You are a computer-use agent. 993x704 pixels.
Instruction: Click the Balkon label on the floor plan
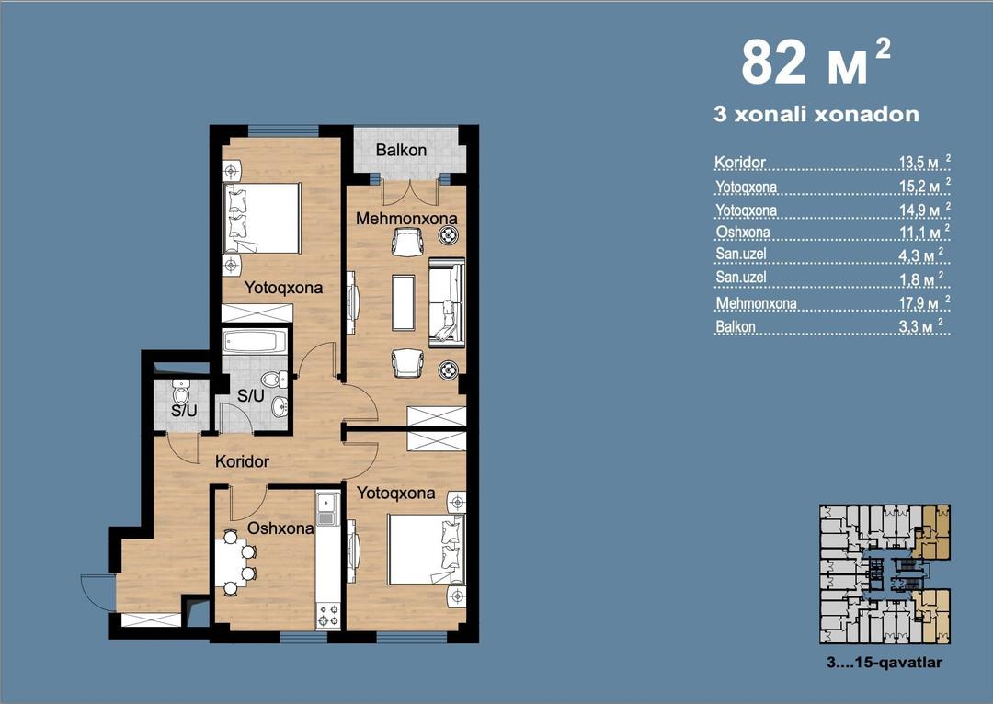[401, 150]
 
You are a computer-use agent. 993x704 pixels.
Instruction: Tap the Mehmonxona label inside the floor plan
[406, 219]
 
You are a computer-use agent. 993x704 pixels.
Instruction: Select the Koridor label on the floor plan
[242, 461]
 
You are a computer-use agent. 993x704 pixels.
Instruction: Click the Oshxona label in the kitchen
[280, 528]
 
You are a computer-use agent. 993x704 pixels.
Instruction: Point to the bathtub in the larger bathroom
[255, 341]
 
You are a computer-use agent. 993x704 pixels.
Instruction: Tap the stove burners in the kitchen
[328, 614]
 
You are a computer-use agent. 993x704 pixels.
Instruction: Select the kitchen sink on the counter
[326, 510]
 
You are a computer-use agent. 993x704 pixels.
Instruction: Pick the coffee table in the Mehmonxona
[404, 302]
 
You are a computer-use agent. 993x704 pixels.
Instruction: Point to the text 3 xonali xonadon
[816, 115]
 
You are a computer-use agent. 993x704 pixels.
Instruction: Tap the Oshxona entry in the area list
[743, 233]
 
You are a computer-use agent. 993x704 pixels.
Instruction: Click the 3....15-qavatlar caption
[885, 663]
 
